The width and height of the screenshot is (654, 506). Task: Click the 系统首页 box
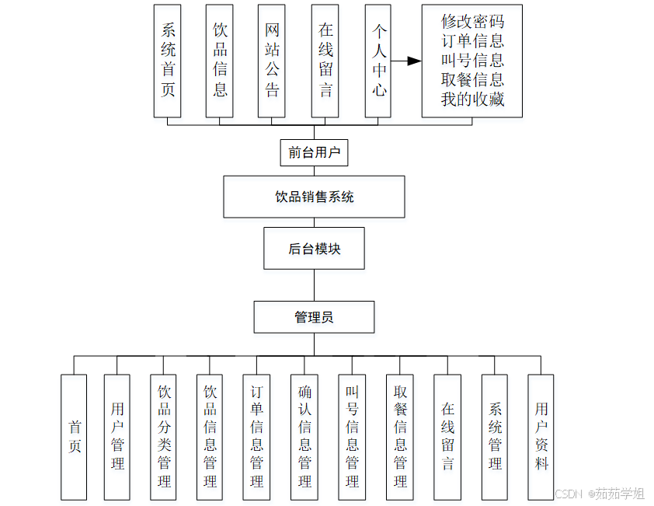click(167, 61)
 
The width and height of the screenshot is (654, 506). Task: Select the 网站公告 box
click(272, 61)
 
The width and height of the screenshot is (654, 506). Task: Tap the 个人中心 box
click(378, 61)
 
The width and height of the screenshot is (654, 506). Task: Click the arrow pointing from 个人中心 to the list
click(406, 61)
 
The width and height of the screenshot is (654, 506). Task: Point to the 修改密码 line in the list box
click(472, 21)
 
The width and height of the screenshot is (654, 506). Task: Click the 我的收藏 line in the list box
click(472, 99)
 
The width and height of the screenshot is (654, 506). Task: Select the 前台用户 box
click(314, 152)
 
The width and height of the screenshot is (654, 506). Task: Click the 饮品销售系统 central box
click(314, 197)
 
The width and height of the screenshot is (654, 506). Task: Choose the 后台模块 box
click(314, 249)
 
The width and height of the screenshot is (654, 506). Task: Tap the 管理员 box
click(314, 317)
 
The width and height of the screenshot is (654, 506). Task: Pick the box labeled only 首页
click(74, 437)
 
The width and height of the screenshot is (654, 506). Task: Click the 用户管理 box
click(117, 437)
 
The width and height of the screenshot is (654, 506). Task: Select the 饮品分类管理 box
click(164, 437)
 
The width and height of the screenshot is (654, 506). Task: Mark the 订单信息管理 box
click(256, 437)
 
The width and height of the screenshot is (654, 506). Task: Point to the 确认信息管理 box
click(304, 437)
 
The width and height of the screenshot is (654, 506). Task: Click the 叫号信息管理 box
click(352, 437)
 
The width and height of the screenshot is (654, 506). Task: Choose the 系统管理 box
click(495, 437)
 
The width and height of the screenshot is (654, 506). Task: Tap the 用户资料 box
click(541, 437)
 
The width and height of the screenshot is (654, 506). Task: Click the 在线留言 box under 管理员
click(447, 437)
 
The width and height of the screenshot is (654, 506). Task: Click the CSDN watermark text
click(569, 494)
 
